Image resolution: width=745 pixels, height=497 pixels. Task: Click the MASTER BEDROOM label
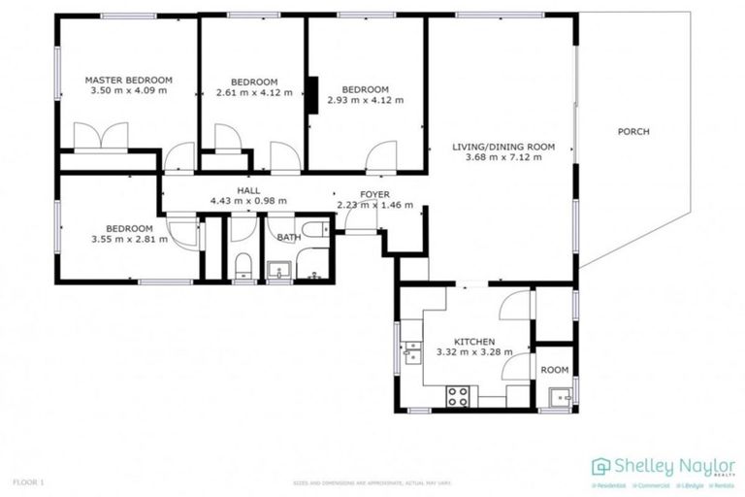[x=128, y=80]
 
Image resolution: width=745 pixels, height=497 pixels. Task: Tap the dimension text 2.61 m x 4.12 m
[x=254, y=93]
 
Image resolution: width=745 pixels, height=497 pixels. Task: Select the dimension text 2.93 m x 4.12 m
[x=365, y=100]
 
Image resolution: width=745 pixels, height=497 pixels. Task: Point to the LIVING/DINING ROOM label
[x=503, y=148]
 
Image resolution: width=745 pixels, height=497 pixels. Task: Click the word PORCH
[x=632, y=132]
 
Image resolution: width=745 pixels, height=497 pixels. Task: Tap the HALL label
[x=248, y=191]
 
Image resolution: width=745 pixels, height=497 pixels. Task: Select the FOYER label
[x=374, y=194]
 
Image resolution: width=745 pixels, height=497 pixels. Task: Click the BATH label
[x=288, y=236]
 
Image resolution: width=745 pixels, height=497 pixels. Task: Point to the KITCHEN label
[x=474, y=342]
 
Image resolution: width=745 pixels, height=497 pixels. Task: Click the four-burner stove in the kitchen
[x=457, y=396]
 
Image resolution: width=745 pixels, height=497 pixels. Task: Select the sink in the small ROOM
[x=557, y=396]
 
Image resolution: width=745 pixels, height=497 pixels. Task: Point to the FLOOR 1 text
[x=29, y=480]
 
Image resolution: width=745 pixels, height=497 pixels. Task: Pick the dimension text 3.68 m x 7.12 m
[x=503, y=158]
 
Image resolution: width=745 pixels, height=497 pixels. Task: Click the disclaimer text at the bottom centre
[x=373, y=481]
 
